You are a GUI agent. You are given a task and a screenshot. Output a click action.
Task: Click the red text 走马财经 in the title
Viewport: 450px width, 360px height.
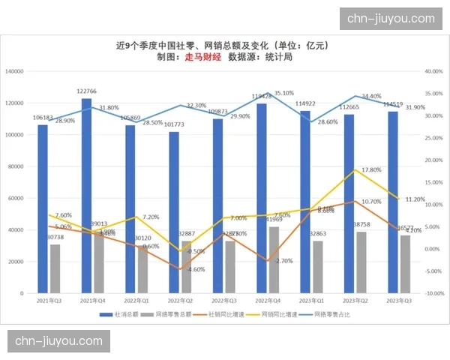pyautogui.click(x=202, y=57)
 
